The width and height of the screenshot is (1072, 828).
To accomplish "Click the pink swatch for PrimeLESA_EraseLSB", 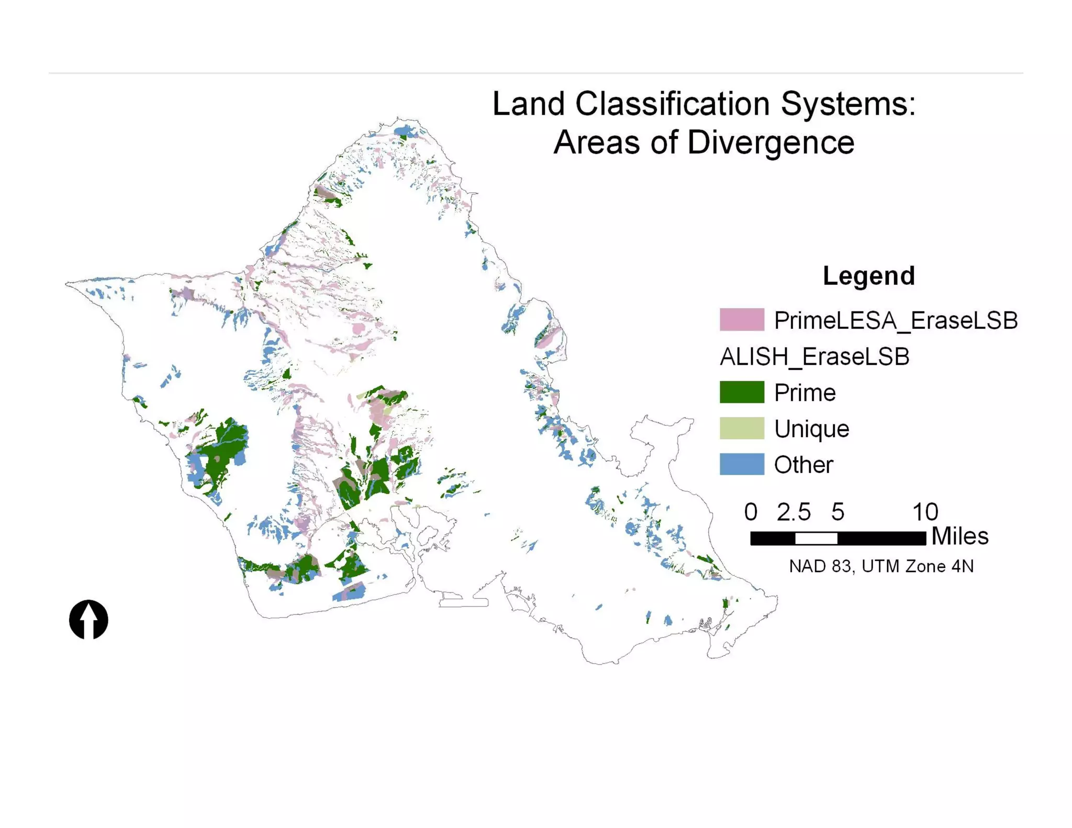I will pos(741,320).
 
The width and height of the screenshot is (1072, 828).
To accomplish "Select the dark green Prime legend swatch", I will pos(741,392).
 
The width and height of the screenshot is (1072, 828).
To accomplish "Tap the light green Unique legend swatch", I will pos(741,428).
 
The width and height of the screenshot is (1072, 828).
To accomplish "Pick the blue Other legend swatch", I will pos(741,464).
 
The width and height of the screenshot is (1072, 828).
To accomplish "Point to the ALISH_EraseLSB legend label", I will pos(814,357).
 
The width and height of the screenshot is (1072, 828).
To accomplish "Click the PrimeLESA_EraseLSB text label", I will pos(895,320).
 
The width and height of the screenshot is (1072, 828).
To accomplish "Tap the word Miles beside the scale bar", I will pos(959,536).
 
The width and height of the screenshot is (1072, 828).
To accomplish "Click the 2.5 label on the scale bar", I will pos(793,512).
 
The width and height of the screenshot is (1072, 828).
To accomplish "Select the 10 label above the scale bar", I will pos(925,512).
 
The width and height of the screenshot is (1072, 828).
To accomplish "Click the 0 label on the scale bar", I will pos(751,512).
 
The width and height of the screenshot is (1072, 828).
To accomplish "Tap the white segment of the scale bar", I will pos(816,538).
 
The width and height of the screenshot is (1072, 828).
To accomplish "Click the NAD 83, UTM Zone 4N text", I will pos(881,566).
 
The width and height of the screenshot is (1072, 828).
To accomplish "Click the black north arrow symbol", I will pos(88,620).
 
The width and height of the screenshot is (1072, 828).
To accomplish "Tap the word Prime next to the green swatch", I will pos(805,393).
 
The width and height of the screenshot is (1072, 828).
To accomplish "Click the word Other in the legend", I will pos(803,465).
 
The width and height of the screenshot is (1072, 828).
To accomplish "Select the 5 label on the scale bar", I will pos(837,512).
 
